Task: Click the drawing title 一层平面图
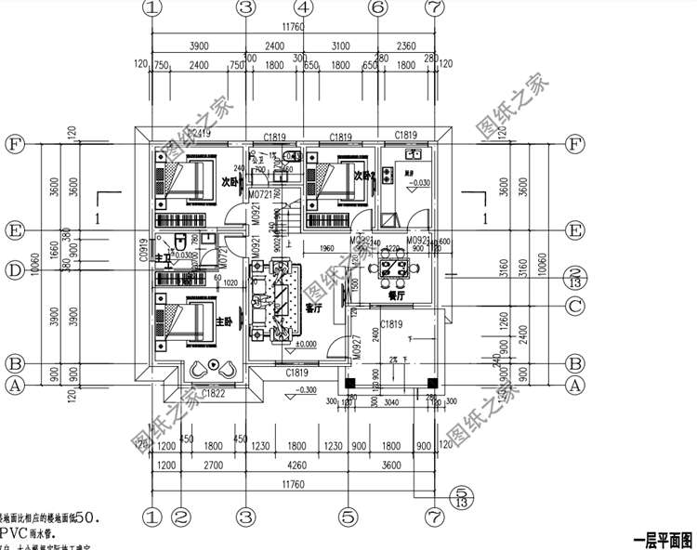[662, 540]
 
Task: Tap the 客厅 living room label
[313, 309]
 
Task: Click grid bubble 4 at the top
[303, 7]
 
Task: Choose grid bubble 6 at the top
[377, 7]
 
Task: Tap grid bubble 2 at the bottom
[182, 515]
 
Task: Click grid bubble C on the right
[575, 306]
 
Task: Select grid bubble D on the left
[14, 271]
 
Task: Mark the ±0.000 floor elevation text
[304, 345]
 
